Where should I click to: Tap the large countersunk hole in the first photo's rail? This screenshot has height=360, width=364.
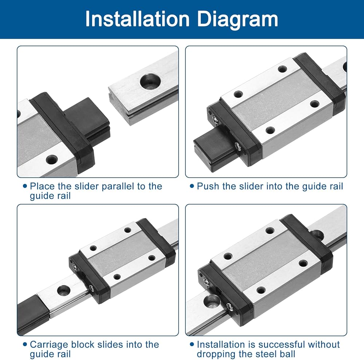click(150, 81)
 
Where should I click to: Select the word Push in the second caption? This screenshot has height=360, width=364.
click(208, 186)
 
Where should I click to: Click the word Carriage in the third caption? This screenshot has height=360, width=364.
click(49, 345)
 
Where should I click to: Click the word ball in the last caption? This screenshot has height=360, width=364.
click(288, 354)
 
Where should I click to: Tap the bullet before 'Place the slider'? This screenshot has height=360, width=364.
click(25, 186)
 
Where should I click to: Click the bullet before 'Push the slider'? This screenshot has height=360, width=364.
click(192, 186)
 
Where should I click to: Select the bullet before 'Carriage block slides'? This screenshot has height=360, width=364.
click(25, 344)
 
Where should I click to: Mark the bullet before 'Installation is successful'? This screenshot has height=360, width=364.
click(192, 344)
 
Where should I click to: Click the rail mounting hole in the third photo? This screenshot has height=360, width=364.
click(64, 290)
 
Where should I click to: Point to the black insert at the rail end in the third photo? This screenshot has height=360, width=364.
click(33, 314)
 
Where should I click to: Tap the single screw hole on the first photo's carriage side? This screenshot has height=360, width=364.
click(52, 160)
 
